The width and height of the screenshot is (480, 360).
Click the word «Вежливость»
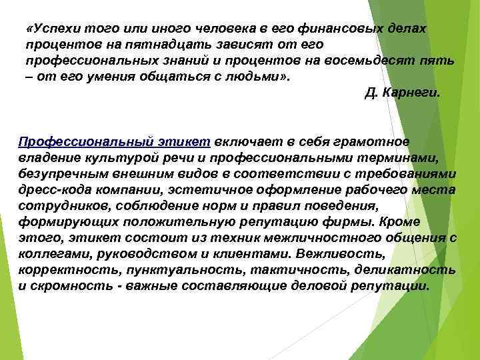pyautogui.click(x=341, y=253)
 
